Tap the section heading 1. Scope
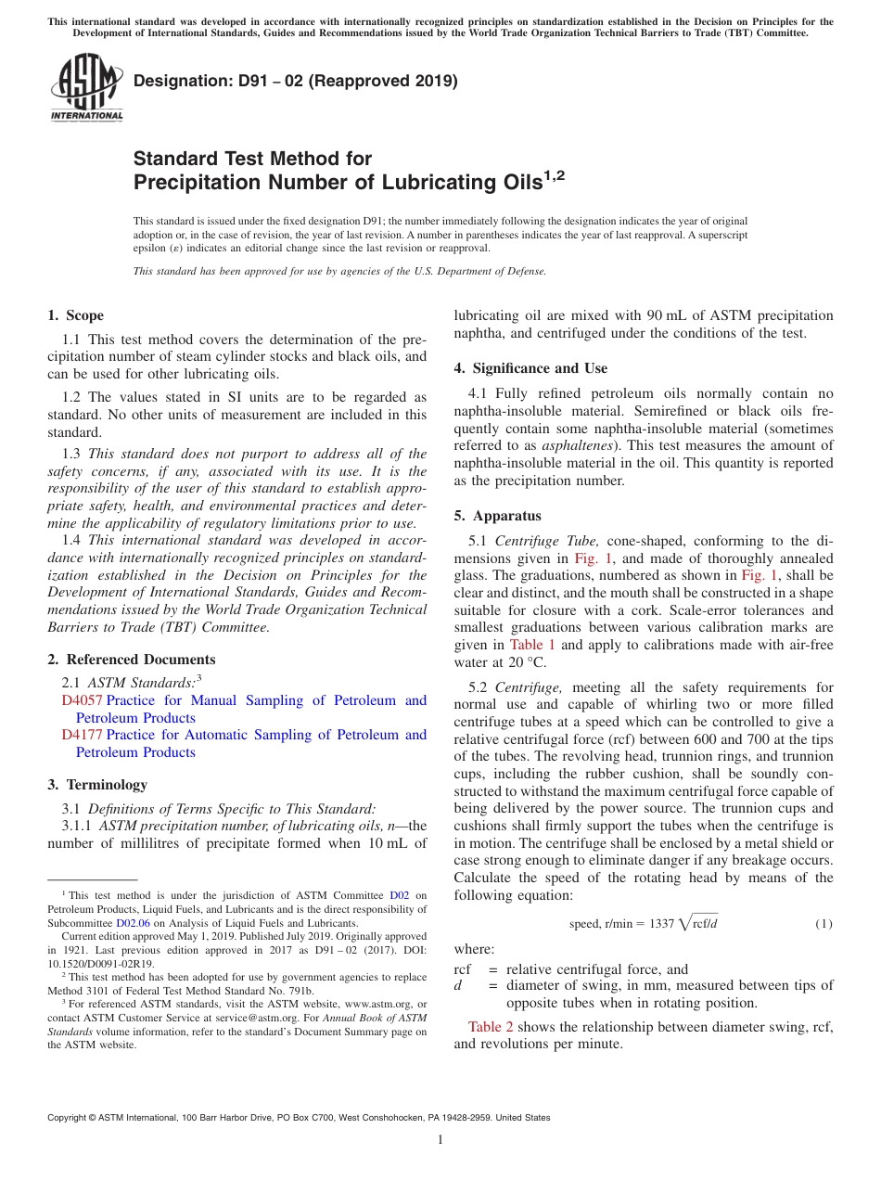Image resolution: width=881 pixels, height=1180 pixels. click(76, 315)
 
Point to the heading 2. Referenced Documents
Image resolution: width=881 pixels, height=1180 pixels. click(132, 660)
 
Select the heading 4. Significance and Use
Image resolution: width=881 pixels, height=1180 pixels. click(530, 368)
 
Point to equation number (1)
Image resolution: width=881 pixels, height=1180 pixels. click(824, 924)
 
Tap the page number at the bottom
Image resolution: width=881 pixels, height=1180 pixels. click(440, 1139)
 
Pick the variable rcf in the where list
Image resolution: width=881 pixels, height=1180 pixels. click(463, 968)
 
